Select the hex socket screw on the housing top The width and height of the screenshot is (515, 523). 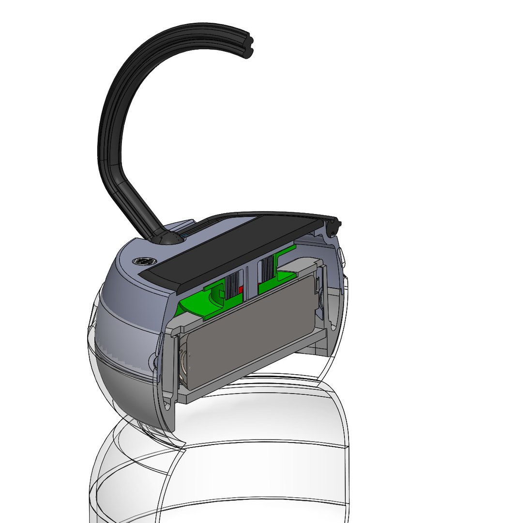click(x=142, y=261)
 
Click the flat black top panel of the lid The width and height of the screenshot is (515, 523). click(x=232, y=247)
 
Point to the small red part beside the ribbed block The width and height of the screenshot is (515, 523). click(x=241, y=291)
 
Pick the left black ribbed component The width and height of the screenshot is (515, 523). click(x=232, y=286)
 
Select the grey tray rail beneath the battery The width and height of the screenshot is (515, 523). click(x=252, y=380)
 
